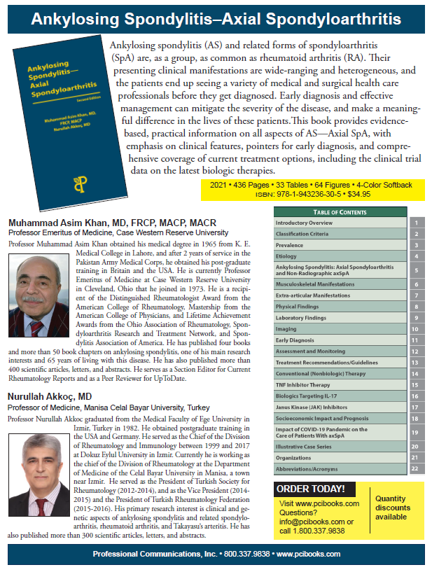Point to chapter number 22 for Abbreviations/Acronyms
point(415,468)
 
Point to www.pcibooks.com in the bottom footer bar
point(308,554)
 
